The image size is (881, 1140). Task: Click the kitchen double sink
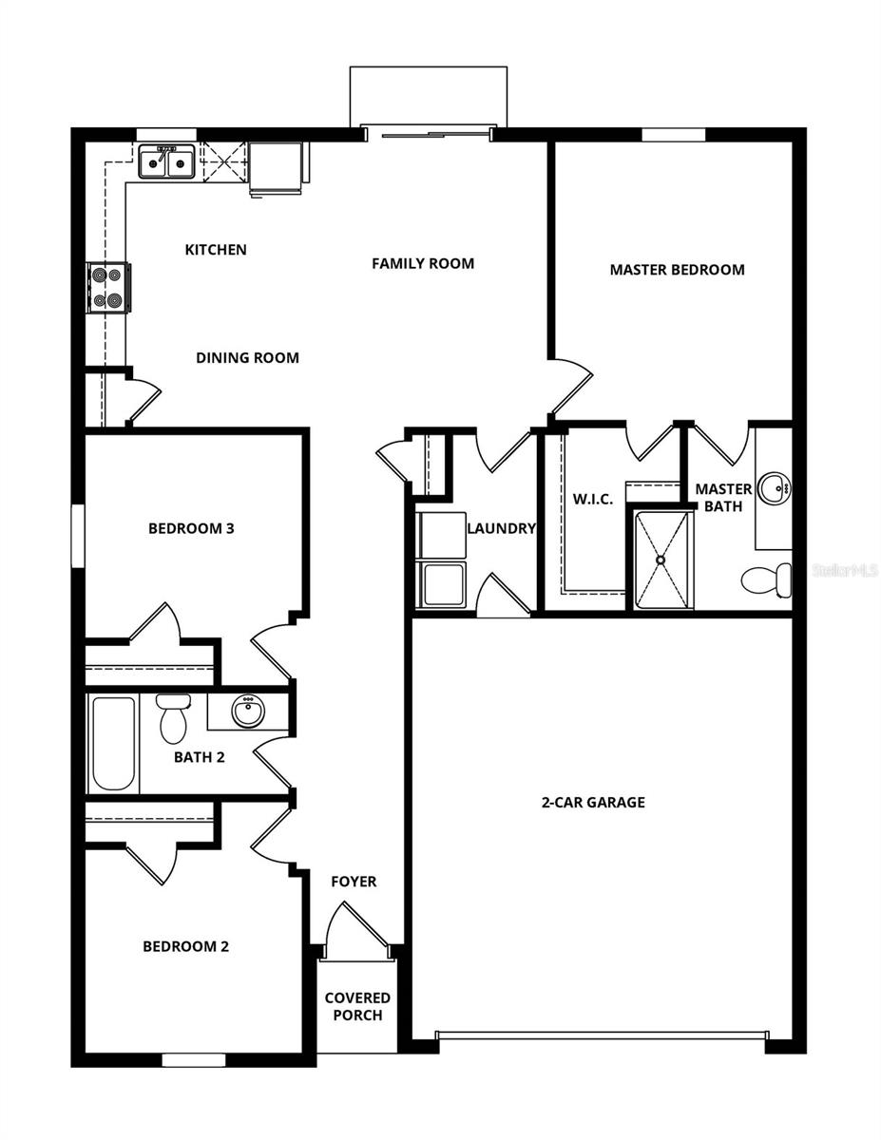[167, 162]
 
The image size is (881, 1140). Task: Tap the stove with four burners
[108, 288]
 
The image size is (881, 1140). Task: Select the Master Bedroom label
[677, 270]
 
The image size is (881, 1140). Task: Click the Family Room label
[423, 263]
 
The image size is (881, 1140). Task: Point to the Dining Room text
[247, 358]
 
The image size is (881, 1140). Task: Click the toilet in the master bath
[768, 579]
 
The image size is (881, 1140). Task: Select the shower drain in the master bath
[661, 560]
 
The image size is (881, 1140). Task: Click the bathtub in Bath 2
[113, 743]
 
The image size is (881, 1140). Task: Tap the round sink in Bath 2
[248, 712]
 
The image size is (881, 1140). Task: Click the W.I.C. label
[592, 499]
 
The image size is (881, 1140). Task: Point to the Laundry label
[501, 528]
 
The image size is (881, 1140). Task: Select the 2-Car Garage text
[593, 803]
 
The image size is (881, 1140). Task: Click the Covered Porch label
[357, 1006]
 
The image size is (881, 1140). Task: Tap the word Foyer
[354, 882]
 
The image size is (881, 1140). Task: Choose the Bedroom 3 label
[191, 528]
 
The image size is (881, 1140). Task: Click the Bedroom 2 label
[186, 946]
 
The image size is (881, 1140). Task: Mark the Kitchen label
[216, 250]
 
